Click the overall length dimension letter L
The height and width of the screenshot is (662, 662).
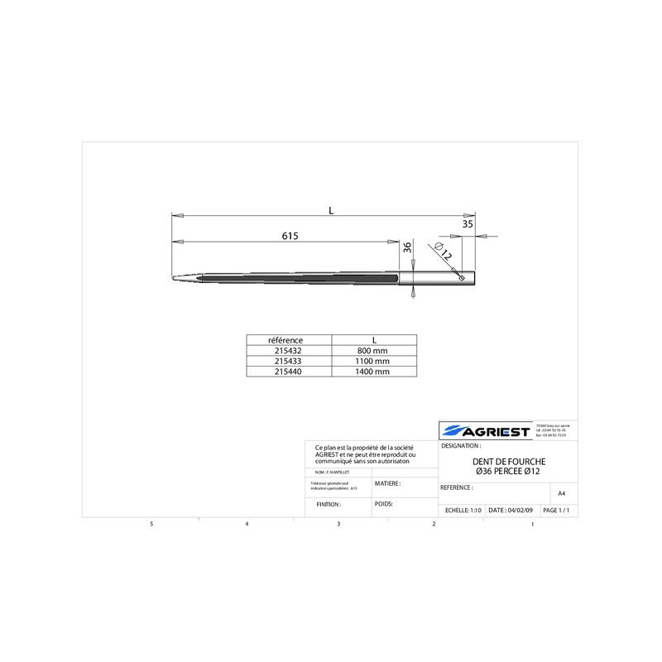(331, 211)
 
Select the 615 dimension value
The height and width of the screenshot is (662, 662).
(290, 236)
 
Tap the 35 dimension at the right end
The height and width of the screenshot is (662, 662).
(468, 223)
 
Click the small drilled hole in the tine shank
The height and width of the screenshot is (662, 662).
(461, 278)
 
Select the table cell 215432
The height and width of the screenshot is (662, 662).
(288, 350)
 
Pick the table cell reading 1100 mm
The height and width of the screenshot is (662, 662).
(374, 361)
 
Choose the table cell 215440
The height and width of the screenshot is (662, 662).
(288, 372)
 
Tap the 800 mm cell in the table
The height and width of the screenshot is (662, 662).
(374, 350)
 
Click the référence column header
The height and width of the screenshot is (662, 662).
(288, 339)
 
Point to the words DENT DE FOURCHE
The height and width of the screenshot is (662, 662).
(508, 461)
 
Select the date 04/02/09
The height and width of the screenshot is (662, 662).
(511, 511)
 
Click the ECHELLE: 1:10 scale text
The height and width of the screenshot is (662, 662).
(463, 511)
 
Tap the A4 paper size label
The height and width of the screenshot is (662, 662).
(561, 493)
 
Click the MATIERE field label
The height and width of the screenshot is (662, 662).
(388, 482)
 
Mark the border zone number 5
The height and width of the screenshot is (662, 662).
(151, 525)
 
